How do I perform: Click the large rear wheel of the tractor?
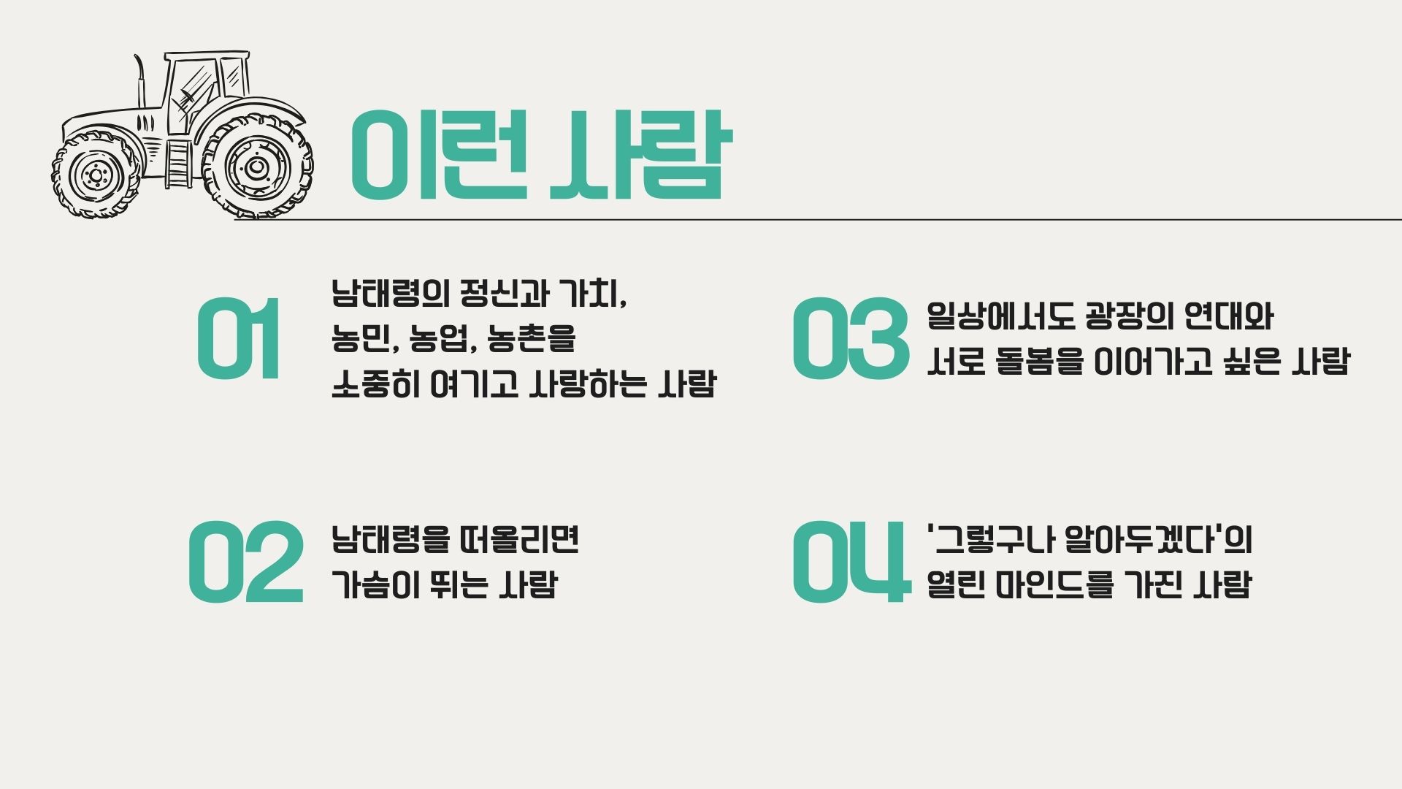256,167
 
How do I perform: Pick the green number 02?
245,562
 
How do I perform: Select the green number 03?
850,338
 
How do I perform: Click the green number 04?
851,562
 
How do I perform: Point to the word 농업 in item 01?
439,338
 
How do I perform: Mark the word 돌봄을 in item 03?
1040,361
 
